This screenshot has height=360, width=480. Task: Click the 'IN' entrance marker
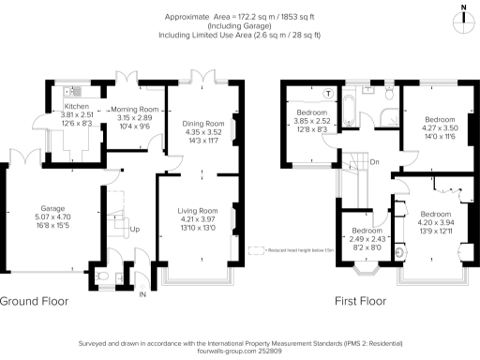[142, 295]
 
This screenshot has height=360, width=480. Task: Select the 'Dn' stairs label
[373, 162]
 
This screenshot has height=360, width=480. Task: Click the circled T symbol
[327, 93]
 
